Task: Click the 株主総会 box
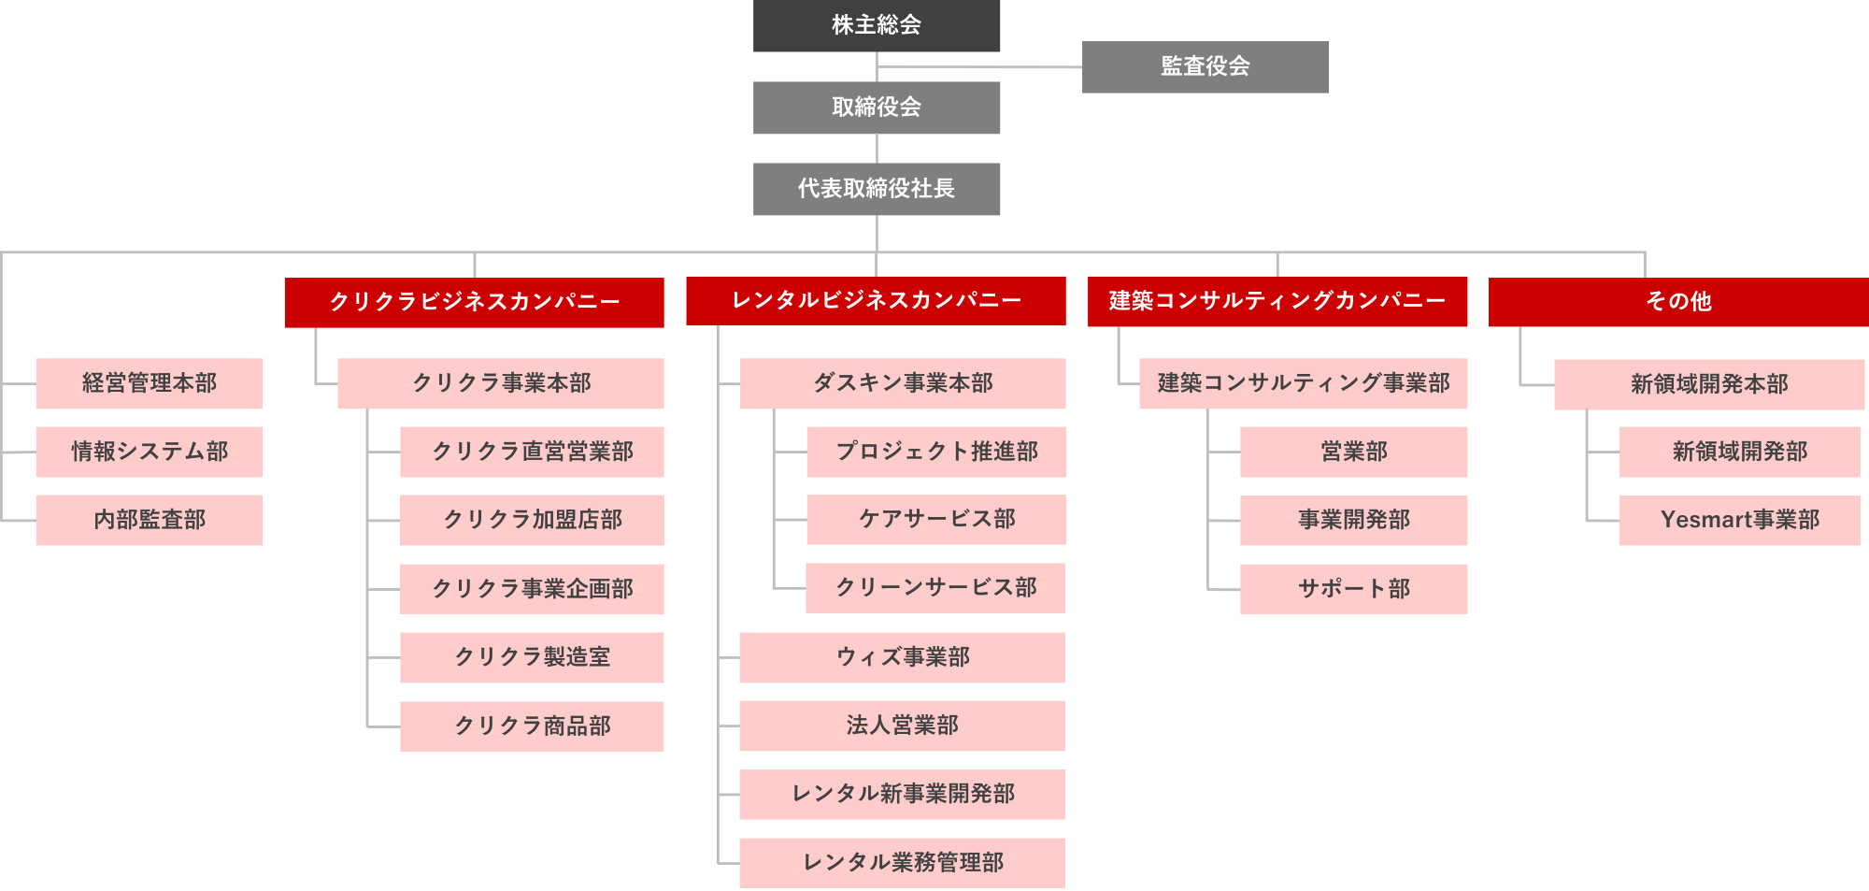pos(877,25)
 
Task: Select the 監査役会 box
pos(1206,66)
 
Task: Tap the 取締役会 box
pos(877,108)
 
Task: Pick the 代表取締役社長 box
pos(877,189)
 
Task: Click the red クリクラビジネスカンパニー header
pos(474,302)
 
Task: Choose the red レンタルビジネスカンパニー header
pos(876,300)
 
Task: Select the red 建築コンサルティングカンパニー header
pos(1277,301)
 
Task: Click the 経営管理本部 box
pos(150,383)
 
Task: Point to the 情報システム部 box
pos(150,452)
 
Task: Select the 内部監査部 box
pos(150,520)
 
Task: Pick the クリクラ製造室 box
pos(532,657)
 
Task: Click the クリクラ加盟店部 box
pos(532,520)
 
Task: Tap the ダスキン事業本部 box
pos(903,383)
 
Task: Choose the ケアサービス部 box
pos(936,520)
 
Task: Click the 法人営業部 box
pos(902,726)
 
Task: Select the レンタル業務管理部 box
pos(902,862)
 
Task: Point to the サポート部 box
pos(1353,589)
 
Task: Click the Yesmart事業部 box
pos(1740,520)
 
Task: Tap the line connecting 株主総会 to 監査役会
pos(981,67)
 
